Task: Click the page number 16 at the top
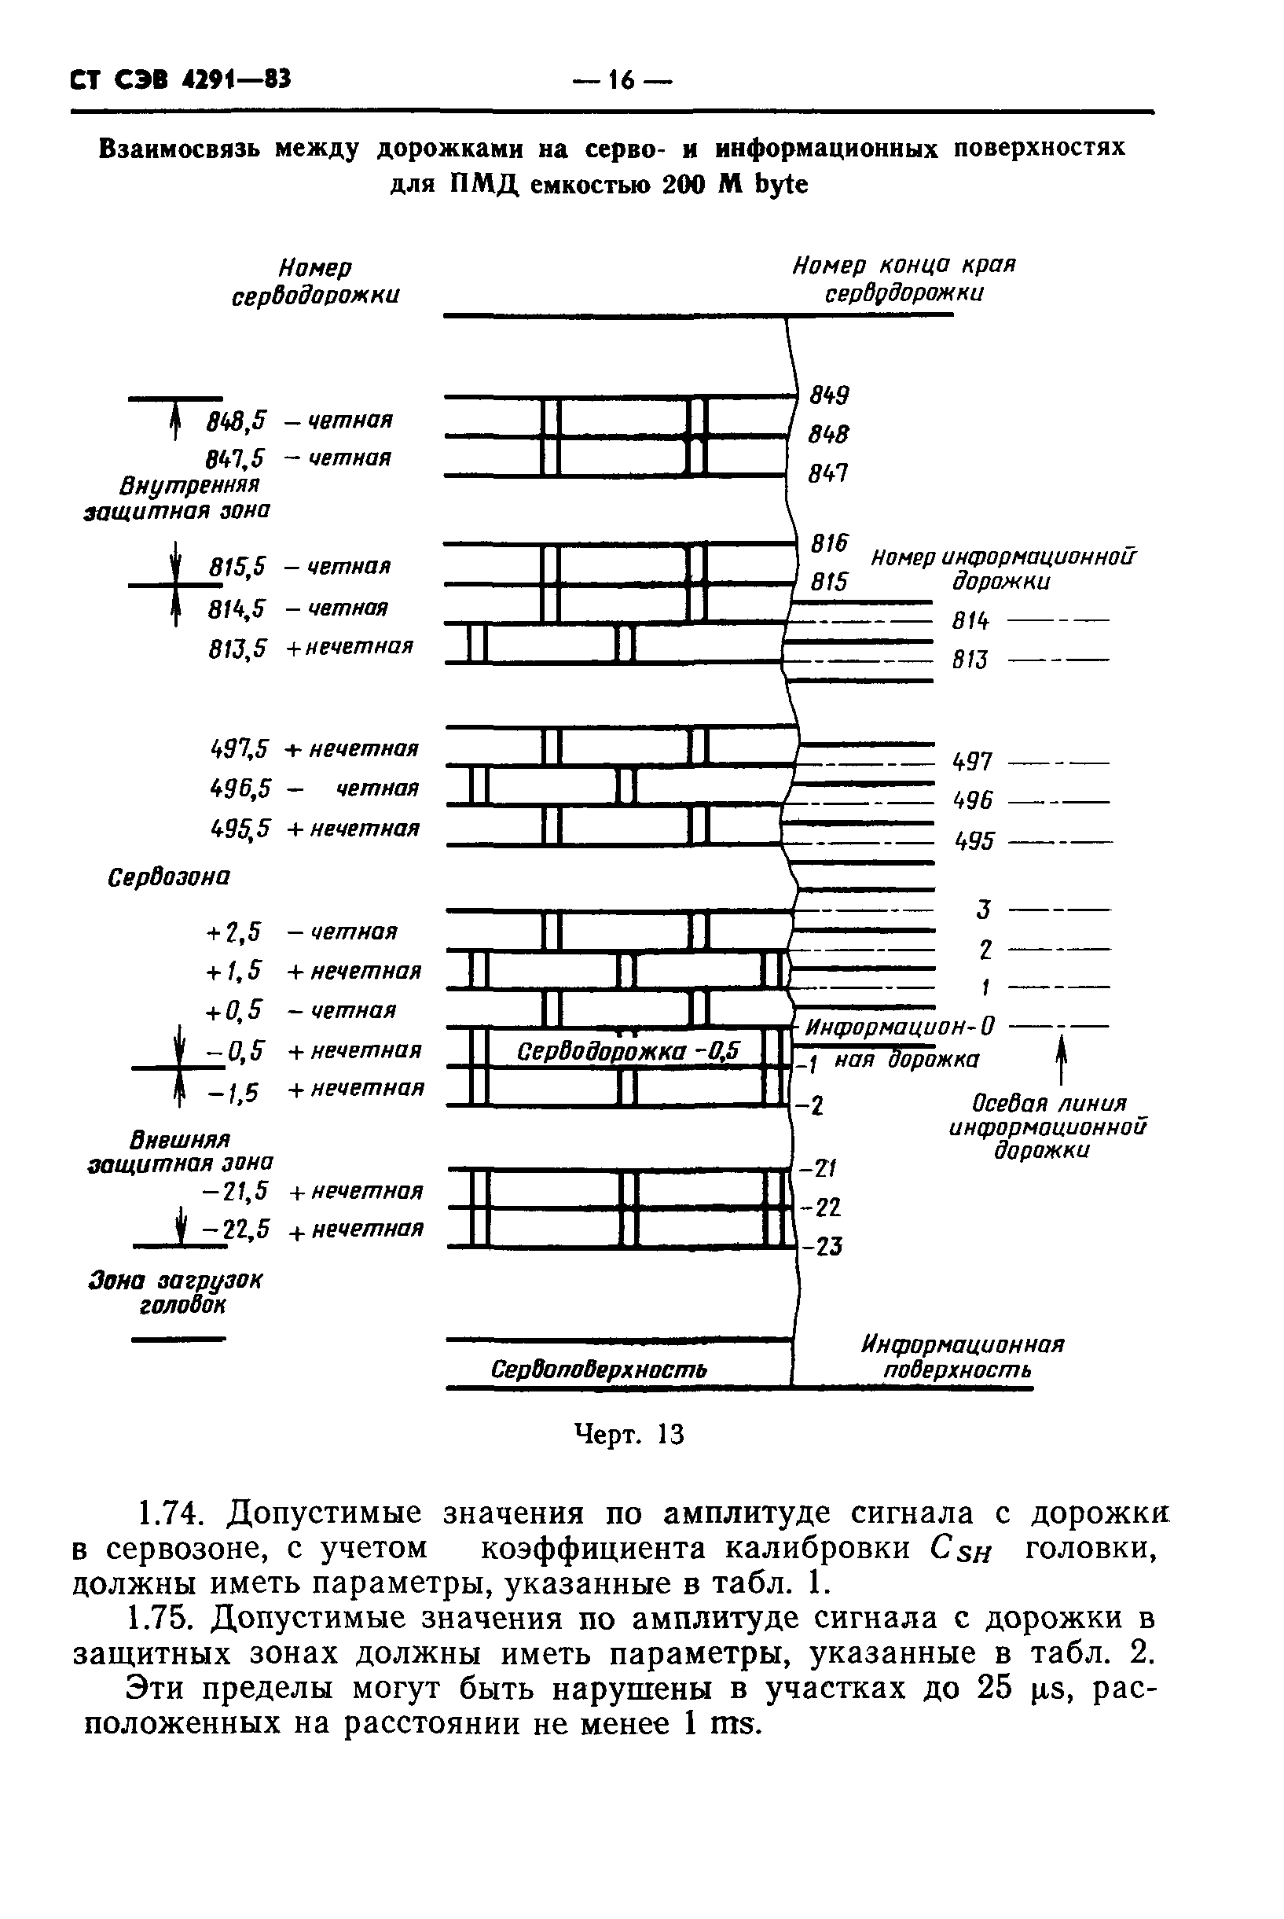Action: click(622, 80)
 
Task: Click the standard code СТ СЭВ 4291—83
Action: click(181, 79)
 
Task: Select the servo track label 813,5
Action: click(237, 649)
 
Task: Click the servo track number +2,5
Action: click(234, 932)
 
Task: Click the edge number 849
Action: click(830, 395)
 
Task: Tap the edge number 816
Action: click(830, 544)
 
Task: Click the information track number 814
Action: click(970, 622)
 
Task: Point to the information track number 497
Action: click(973, 763)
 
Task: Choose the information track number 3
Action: click(984, 910)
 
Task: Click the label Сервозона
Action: click(169, 878)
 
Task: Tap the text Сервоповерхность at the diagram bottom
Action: click(599, 1369)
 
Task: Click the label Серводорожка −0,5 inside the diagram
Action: click(628, 1051)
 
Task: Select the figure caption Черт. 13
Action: click(629, 1434)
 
